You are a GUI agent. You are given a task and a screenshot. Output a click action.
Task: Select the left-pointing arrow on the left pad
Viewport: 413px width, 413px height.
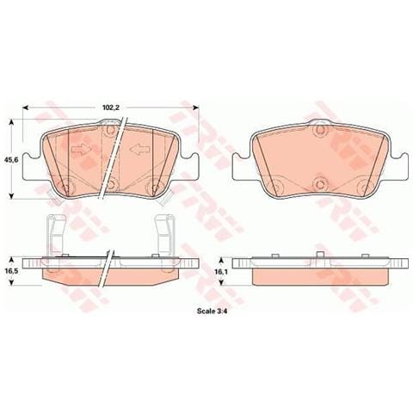(x=139, y=151)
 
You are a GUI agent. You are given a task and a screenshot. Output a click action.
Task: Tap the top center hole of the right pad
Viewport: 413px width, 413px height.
(x=320, y=130)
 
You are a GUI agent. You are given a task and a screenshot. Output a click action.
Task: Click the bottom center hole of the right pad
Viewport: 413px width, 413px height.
(x=320, y=183)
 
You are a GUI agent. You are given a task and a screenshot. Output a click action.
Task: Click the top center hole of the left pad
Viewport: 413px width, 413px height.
(x=109, y=130)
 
